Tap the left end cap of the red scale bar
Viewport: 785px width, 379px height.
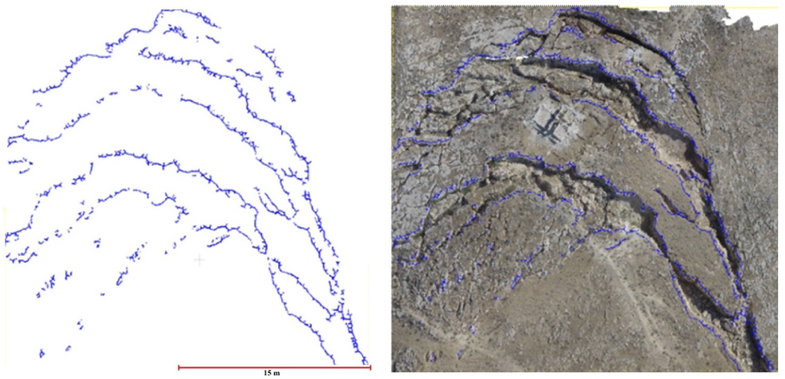click(179, 367)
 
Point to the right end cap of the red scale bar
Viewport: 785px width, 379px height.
click(370, 367)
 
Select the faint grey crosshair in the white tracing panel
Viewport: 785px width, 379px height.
click(199, 260)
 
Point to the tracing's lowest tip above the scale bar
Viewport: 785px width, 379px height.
click(367, 363)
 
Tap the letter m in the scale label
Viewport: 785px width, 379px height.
click(278, 374)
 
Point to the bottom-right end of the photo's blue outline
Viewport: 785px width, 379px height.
click(769, 367)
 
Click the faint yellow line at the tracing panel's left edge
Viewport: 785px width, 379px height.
click(5, 222)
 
